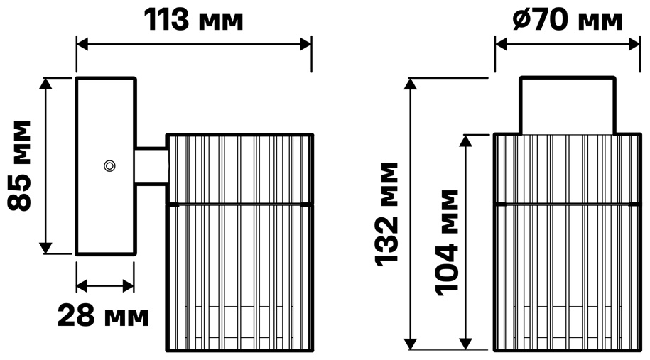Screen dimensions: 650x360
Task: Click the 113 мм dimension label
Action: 193,20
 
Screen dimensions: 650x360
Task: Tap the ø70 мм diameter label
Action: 567,20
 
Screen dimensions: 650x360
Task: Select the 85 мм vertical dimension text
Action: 20,165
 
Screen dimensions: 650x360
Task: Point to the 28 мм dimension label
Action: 103,316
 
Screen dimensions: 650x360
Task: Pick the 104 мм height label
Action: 448,243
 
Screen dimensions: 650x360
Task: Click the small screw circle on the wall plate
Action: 109,166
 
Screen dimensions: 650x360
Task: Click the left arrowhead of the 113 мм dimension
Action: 82,44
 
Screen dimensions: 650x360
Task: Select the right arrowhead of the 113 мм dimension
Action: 306,44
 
